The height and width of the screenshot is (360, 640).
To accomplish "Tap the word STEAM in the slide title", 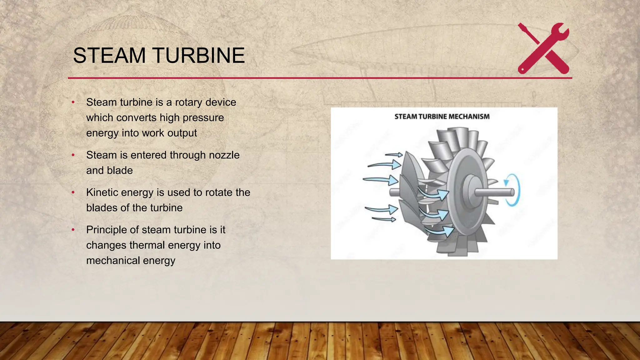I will (109, 56).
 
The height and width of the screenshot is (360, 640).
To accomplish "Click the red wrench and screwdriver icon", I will (543, 48).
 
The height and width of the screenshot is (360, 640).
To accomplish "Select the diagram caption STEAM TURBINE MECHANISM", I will (442, 117).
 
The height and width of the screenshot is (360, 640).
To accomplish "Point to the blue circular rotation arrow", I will (513, 190).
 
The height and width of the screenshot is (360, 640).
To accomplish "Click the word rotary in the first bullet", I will (188, 102).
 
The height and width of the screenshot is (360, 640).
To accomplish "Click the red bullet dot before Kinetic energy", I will (73, 192).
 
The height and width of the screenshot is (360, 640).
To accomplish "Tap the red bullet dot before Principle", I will (73, 230).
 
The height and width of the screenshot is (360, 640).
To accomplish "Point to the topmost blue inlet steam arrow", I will (394, 154).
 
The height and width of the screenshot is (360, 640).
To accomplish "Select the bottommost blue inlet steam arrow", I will (384, 219).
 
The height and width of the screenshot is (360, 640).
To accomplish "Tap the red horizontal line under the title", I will (312, 78).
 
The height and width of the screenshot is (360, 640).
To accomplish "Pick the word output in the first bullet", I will (182, 133).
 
